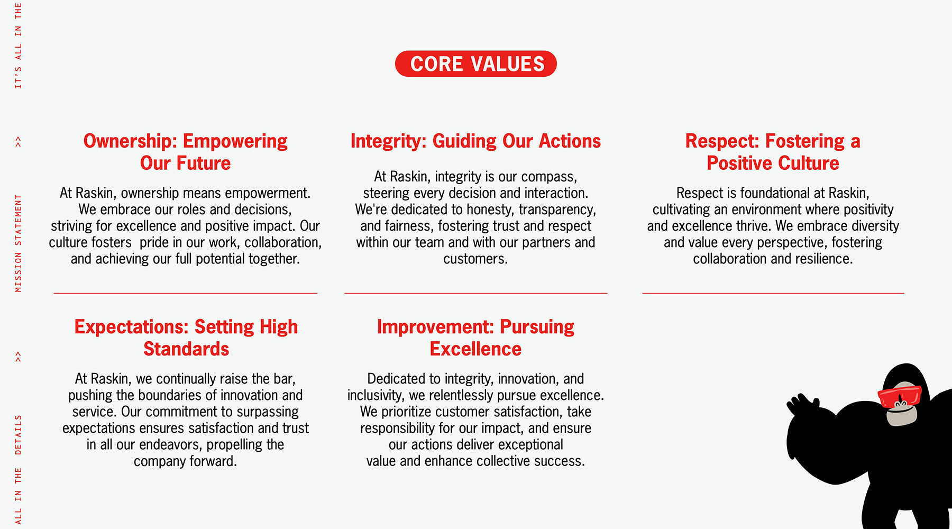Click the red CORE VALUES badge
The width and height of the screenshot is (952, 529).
tap(476, 64)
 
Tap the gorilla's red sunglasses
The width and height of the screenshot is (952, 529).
tap(900, 396)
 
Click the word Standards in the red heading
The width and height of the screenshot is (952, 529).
tap(186, 349)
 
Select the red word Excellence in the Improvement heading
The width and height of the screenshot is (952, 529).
tap(475, 349)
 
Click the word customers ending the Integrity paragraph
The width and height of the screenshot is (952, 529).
tap(475, 259)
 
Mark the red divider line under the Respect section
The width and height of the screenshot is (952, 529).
tap(773, 293)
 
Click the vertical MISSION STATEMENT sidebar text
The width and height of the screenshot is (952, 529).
tap(19, 243)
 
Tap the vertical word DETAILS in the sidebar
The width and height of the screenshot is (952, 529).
tap(19, 435)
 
